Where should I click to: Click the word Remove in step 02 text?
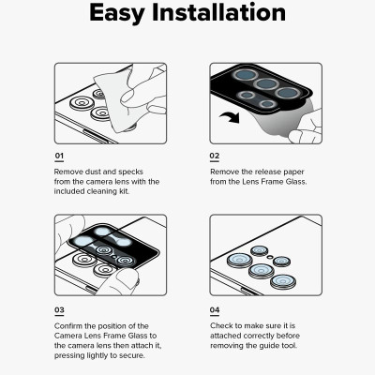(225, 172)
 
